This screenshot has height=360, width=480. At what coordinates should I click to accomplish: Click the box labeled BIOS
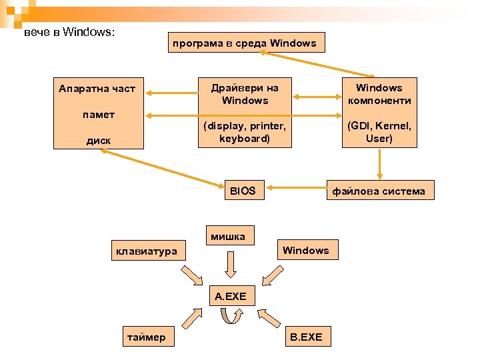243,191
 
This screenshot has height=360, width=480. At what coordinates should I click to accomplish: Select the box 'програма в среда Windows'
245,43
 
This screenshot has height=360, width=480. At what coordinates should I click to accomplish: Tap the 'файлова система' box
378,191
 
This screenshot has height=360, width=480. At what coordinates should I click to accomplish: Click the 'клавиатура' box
147,251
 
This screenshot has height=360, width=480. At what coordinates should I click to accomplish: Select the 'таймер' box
147,337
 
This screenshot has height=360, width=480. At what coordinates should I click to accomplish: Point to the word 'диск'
99,141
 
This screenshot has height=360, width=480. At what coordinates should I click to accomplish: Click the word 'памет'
99,115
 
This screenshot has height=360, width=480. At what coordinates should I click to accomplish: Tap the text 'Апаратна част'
97,88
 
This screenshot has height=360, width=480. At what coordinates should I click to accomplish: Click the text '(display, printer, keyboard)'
245,132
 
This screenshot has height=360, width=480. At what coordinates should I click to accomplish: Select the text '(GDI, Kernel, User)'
379,132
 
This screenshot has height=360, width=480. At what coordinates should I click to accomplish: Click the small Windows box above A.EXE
305,250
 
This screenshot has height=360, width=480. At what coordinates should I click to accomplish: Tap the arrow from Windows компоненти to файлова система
379,163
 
